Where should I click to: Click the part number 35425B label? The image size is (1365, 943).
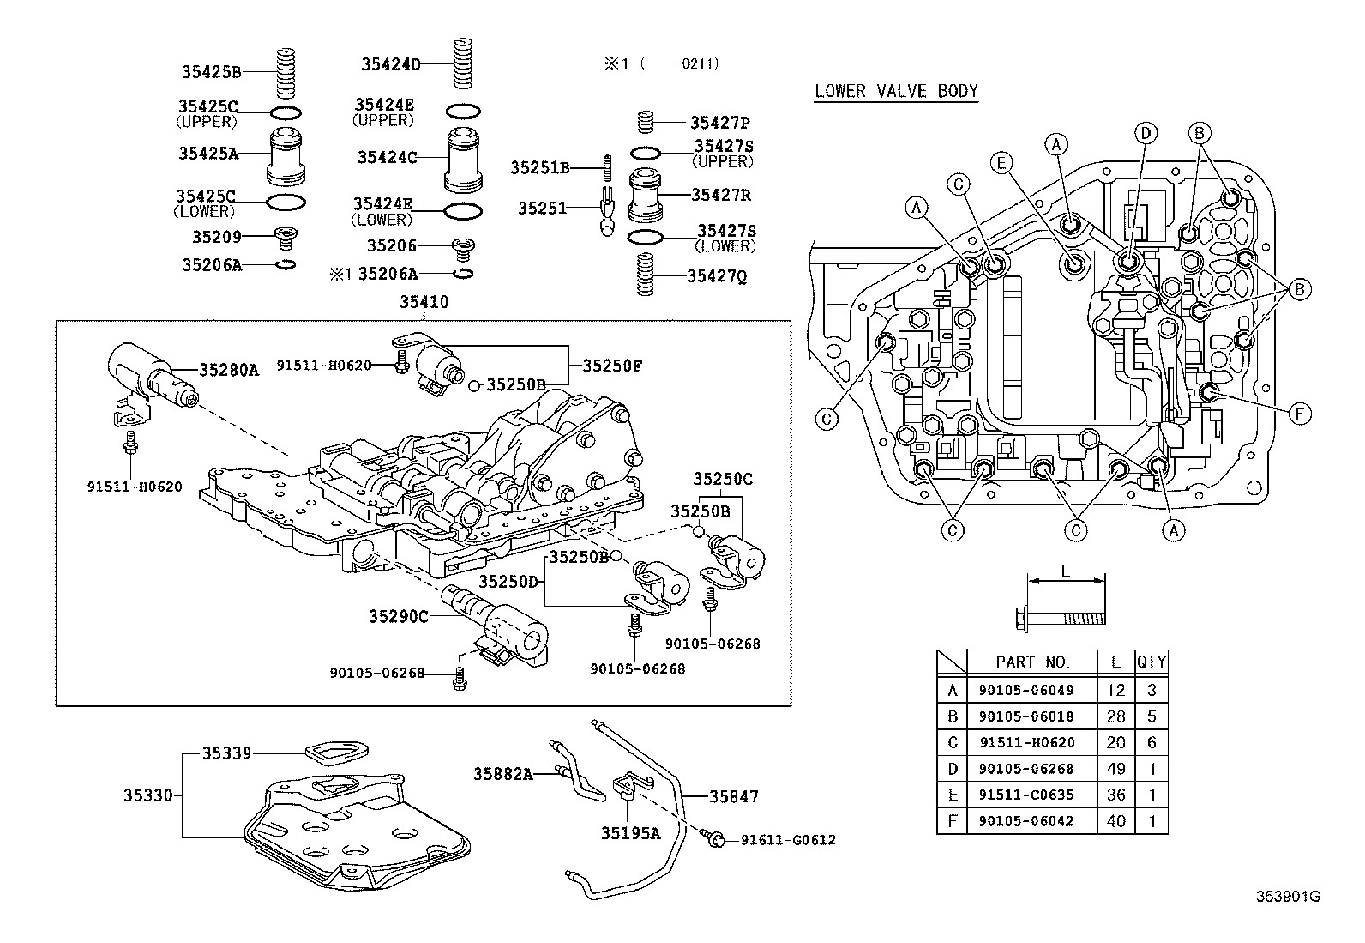click(x=211, y=72)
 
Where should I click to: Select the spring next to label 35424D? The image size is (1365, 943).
click(x=463, y=63)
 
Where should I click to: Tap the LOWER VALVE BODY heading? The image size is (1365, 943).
click(x=895, y=91)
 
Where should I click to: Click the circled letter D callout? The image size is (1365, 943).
click(x=1146, y=133)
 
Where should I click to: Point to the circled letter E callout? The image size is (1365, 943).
click(x=1000, y=162)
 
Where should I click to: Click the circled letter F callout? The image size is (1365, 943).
click(x=1300, y=414)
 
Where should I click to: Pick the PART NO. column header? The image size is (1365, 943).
click(x=1032, y=662)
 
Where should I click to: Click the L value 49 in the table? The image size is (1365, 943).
click(x=1115, y=769)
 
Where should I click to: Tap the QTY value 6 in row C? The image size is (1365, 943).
click(x=1152, y=742)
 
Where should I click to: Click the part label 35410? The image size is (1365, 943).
click(x=424, y=302)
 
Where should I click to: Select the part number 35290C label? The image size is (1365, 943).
click(x=398, y=616)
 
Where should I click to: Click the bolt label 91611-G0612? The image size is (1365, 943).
click(x=788, y=840)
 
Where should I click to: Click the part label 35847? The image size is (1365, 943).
click(x=733, y=796)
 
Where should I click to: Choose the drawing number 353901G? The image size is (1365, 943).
click(x=1288, y=897)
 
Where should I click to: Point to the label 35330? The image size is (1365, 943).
click(x=148, y=795)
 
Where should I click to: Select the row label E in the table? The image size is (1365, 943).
click(x=952, y=795)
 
